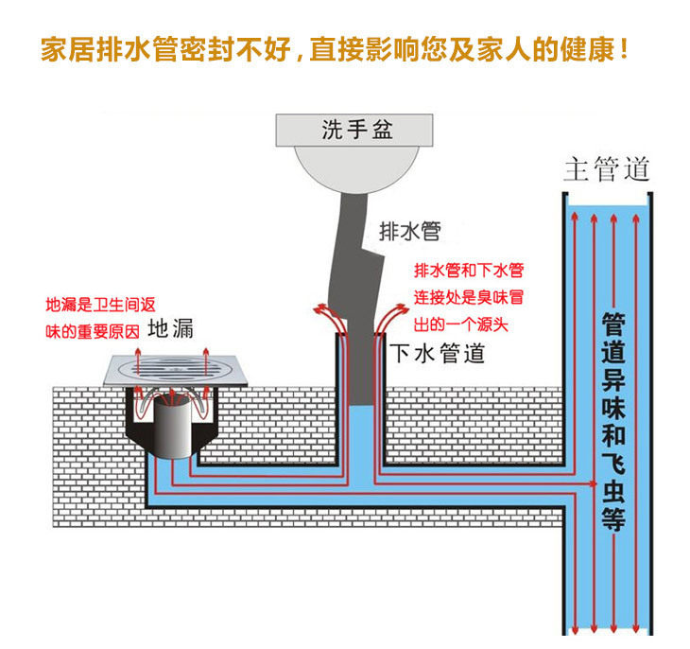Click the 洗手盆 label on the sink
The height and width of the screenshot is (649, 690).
pos(356,131)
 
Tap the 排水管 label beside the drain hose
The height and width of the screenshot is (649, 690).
pos(410,230)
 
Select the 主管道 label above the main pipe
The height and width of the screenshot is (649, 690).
pos(607,170)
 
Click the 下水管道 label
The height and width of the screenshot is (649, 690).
pos(438,354)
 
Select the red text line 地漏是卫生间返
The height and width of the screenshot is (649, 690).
pos(100,306)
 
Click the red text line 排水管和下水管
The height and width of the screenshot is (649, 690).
pos(469,271)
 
